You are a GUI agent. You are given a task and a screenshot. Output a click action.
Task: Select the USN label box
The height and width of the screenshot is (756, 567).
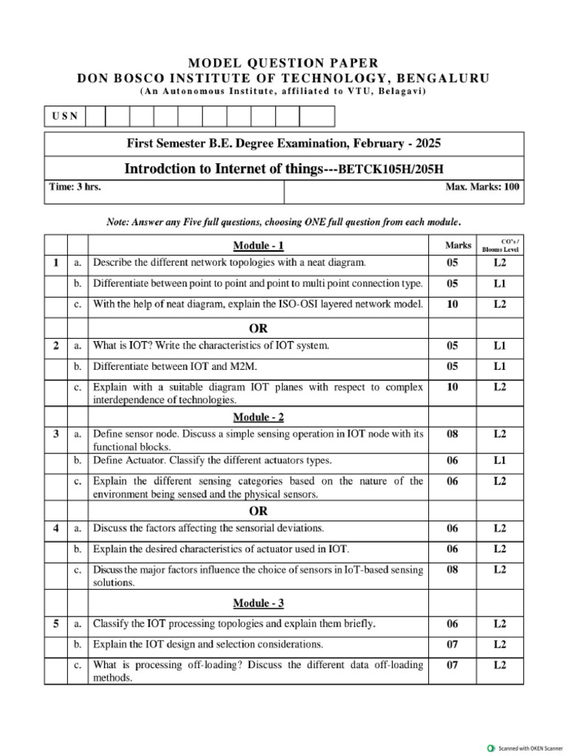(65, 117)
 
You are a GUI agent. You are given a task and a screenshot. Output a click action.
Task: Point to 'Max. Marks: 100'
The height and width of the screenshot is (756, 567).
(482, 187)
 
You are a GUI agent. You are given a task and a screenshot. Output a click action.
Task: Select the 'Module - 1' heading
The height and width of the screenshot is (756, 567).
(258, 246)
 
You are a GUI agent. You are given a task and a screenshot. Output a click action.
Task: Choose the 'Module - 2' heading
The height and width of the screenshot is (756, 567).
(258, 417)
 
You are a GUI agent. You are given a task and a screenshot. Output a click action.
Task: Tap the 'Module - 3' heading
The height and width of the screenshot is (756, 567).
(258, 603)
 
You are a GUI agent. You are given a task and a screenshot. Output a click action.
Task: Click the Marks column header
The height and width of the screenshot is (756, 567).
(453, 245)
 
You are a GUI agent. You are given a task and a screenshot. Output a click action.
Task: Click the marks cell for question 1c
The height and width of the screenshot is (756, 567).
(453, 304)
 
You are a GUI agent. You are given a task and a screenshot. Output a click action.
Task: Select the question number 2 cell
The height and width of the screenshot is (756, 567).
(56, 346)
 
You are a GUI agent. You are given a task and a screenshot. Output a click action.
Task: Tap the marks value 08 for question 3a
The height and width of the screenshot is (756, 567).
(453, 434)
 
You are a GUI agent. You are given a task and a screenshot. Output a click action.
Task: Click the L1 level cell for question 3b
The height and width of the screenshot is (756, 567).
(501, 460)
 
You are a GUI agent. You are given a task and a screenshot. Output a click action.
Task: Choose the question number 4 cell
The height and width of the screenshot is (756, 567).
(56, 528)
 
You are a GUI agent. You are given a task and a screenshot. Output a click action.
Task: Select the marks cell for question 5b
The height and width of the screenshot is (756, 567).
(453, 644)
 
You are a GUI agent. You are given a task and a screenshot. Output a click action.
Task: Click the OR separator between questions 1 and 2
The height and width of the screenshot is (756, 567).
(258, 328)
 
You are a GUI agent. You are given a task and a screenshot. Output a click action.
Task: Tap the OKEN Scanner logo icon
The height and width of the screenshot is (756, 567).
(492, 748)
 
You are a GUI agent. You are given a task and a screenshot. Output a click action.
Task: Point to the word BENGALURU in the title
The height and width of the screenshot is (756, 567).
(443, 78)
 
